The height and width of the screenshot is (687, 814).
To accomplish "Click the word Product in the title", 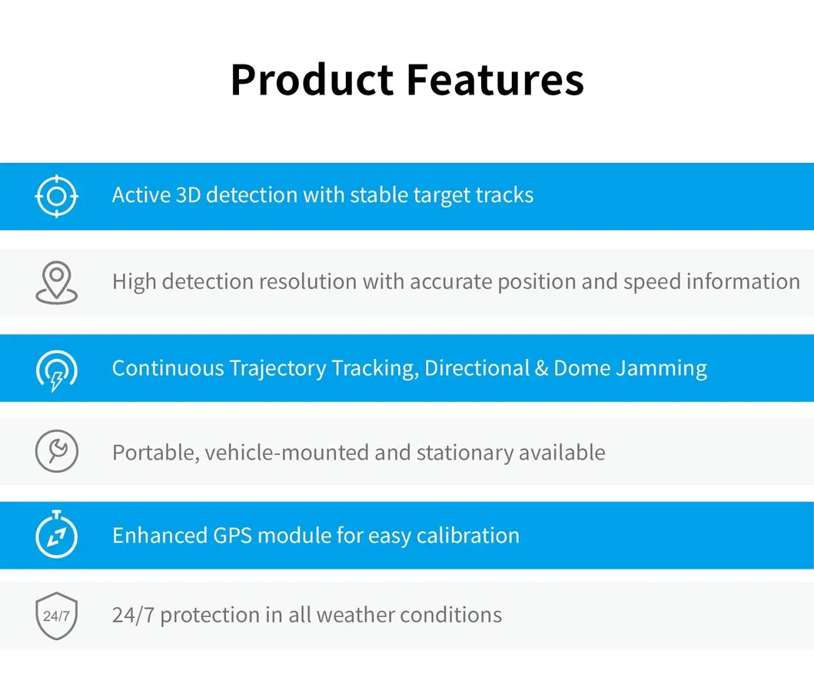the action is pyautogui.click(x=312, y=80).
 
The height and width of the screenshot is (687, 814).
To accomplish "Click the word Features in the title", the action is pyautogui.click(x=495, y=80).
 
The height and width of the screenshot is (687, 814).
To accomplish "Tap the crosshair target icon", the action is pyautogui.click(x=57, y=196).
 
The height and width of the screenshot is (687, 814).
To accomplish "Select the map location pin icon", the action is pyautogui.click(x=57, y=282).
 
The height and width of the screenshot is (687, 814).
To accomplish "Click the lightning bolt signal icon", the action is pyautogui.click(x=57, y=370).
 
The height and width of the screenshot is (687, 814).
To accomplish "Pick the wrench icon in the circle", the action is pyautogui.click(x=57, y=451).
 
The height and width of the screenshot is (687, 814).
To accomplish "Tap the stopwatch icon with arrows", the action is pyautogui.click(x=57, y=534).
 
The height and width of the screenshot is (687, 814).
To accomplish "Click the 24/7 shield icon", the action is pyautogui.click(x=57, y=616).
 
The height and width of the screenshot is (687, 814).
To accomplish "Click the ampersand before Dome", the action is pyautogui.click(x=541, y=368).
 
